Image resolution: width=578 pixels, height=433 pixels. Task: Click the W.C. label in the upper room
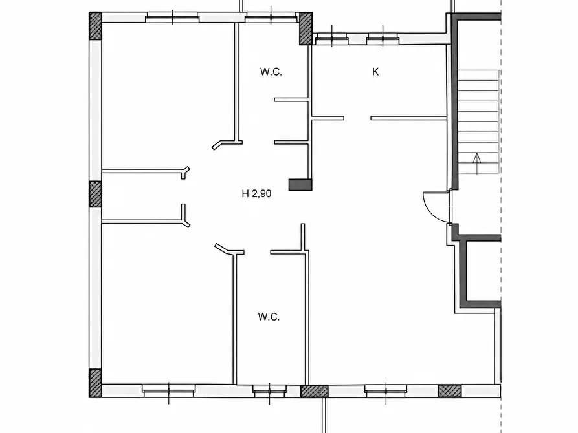tap(271, 72)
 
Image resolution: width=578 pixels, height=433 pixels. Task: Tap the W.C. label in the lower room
tap(269, 317)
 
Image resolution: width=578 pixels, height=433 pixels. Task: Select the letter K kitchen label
tap(375, 72)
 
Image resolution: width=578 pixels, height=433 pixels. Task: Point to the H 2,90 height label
tap(256, 194)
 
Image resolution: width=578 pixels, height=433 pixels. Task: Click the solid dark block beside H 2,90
tap(300, 185)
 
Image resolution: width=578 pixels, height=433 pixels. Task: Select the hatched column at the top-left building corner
tap(96, 26)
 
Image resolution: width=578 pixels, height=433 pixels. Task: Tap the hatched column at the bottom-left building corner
tap(96, 383)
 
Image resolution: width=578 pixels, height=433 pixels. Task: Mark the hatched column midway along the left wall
tap(96, 194)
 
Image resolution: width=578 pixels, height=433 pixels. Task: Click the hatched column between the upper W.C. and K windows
tap(306, 28)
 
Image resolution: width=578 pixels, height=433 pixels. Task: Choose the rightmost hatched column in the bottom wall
tap(449, 391)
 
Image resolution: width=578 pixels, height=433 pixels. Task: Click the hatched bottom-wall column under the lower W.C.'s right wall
tap(314, 391)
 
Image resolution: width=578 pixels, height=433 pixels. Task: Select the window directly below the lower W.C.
tap(269, 391)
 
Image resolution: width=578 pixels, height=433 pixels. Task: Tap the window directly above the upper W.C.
tap(271, 17)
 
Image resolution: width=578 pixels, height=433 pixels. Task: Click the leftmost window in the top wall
tap(172, 17)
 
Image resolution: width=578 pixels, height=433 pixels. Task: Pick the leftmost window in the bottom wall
tap(169, 391)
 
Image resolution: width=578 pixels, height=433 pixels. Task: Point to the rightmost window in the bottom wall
tap(386, 391)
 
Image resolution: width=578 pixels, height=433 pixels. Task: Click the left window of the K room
tap(332, 39)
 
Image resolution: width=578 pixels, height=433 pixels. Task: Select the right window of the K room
tap(383, 39)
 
